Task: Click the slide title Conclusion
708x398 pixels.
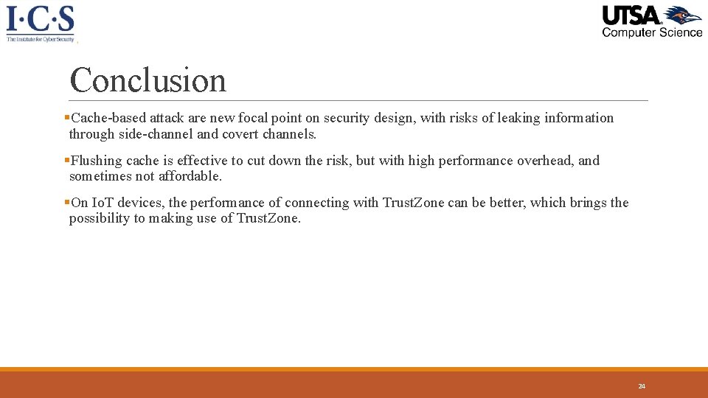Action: tap(147, 80)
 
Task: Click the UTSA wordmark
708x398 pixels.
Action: tap(632, 15)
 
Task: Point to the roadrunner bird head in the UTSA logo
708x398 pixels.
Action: tap(684, 15)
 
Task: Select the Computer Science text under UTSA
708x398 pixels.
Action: tap(652, 32)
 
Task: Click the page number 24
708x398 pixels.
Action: tap(642, 386)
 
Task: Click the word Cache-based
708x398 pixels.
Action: tap(108, 118)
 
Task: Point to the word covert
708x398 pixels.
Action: tap(238, 134)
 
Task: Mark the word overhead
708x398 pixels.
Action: tap(546, 161)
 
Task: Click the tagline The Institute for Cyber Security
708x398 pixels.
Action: tap(41, 39)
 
